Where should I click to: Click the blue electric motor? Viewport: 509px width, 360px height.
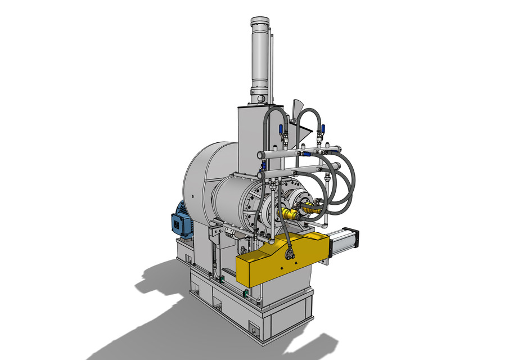coord(182,219)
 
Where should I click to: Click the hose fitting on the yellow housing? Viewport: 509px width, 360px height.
coord(291,255)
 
